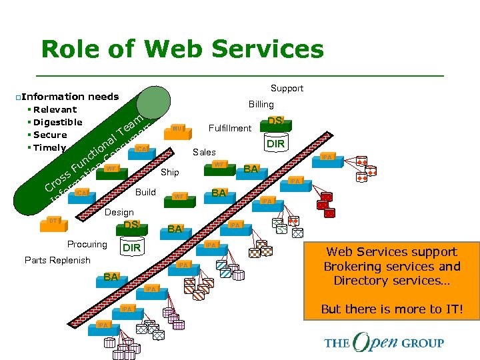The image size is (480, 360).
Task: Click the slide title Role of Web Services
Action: click(x=182, y=49)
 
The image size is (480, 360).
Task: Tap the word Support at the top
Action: click(x=287, y=88)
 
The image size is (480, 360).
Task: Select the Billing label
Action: click(x=261, y=104)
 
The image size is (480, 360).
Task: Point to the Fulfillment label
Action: click(x=230, y=128)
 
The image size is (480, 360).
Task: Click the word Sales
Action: click(x=204, y=153)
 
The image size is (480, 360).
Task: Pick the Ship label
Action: click(x=170, y=173)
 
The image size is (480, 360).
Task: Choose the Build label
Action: click(x=145, y=192)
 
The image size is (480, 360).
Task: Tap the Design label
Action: click(x=119, y=212)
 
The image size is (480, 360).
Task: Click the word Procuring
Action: click(x=87, y=244)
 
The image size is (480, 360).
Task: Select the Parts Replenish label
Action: click(x=57, y=260)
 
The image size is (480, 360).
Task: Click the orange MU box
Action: click(x=177, y=129)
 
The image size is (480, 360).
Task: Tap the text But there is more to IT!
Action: click(x=391, y=309)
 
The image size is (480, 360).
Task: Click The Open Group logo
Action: click(x=384, y=343)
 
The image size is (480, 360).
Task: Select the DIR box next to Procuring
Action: click(x=131, y=248)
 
